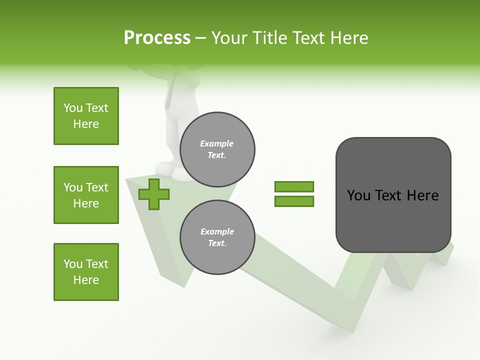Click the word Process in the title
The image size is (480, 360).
click(x=157, y=38)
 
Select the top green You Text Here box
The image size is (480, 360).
click(x=86, y=116)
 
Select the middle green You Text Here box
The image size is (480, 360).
click(x=86, y=195)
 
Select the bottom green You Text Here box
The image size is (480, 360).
click(x=86, y=272)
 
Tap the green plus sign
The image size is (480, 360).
click(x=154, y=194)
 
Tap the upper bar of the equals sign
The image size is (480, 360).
click(x=294, y=186)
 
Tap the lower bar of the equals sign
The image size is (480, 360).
click(x=294, y=201)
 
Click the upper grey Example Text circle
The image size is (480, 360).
click(x=217, y=149)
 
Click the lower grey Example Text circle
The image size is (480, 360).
click(x=217, y=237)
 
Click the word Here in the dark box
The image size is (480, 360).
click(x=422, y=195)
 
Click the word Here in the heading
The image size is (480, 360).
click(x=348, y=38)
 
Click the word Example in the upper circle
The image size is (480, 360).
click(x=217, y=143)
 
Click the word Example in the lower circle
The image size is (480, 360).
click(x=217, y=231)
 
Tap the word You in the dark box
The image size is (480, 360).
click(x=358, y=195)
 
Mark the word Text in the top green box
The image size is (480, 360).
click(x=97, y=108)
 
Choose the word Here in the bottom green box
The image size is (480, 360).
click(x=86, y=280)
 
